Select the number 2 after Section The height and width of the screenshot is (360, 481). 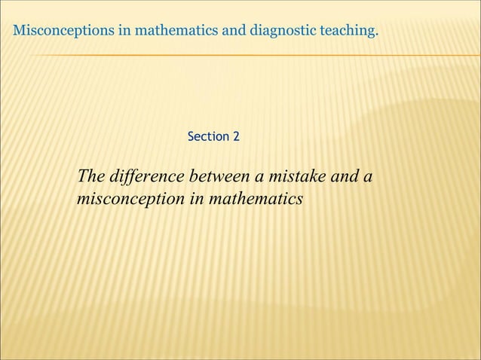[236, 137]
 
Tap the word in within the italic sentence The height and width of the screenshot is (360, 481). [195, 200]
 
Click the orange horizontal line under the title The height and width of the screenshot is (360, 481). [249, 55]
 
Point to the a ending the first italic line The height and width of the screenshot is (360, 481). [369, 178]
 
